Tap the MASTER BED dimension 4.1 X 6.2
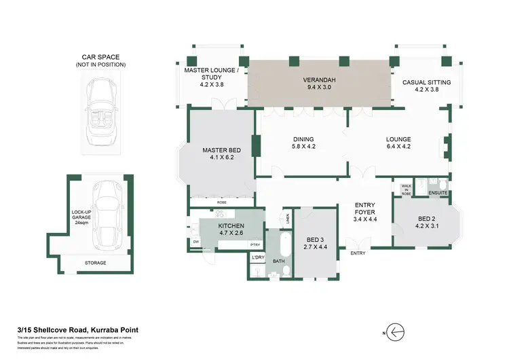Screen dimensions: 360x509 pos(219,157)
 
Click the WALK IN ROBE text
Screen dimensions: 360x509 pos(407,190)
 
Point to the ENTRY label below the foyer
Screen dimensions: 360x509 pos(358,253)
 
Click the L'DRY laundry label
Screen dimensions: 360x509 pos(257,257)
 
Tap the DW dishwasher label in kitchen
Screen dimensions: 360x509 pos(196,242)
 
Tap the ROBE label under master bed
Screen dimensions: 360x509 pos(222,202)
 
